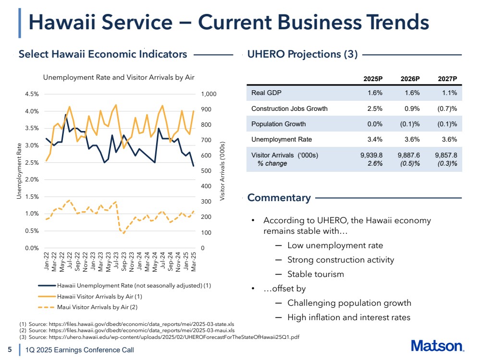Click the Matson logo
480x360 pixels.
pos(437,346)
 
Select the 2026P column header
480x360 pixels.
pos(410,79)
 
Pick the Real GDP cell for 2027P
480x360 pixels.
pos(449,93)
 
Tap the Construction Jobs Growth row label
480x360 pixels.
pos(289,108)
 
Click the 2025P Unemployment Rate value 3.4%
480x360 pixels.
pos(375,139)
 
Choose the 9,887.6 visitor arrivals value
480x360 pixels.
pos(409,155)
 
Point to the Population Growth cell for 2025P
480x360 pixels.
pos(375,124)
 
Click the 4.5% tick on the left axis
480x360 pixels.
pos(32,94)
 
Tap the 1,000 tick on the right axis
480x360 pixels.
pos(209,94)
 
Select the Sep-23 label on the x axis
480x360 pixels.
pos(123,262)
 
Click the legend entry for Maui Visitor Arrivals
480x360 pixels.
pos(88,307)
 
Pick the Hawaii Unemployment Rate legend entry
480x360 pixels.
pos(124,286)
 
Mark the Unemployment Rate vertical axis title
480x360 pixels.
pos(19,171)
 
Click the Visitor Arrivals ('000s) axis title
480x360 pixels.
pos(222,171)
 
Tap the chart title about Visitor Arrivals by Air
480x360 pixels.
pos(119,77)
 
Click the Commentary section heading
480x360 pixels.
pos(279,198)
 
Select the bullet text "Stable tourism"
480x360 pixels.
pos(316,274)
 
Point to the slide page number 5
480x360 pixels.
pos(10,349)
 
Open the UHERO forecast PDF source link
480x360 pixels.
pos(174,337)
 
